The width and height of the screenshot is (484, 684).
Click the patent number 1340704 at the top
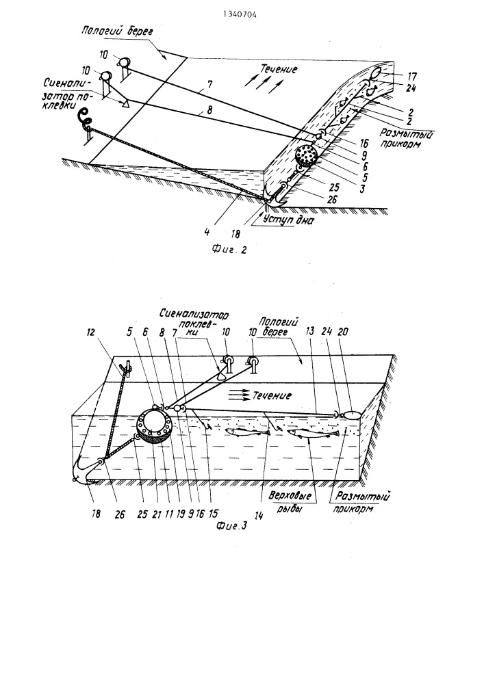[240, 14]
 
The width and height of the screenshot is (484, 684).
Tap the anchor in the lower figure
[88, 471]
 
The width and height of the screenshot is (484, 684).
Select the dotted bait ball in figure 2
[307, 156]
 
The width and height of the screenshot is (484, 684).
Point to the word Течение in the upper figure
[279, 69]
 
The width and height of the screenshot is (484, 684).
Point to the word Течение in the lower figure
[270, 395]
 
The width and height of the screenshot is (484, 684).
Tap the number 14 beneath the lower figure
[259, 515]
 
